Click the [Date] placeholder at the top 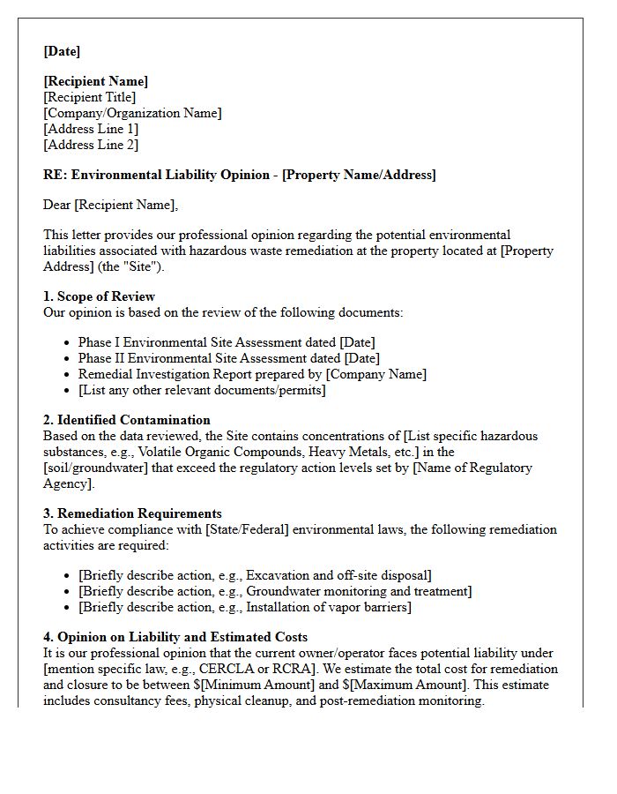(62, 51)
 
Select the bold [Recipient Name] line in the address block (96, 81)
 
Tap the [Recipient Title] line (90, 97)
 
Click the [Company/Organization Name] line (132, 113)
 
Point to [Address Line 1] (91, 129)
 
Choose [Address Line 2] (91, 145)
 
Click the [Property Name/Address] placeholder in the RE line (358, 175)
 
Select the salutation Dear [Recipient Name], (110, 205)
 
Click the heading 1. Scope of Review (99, 296)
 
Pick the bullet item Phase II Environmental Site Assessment (228, 358)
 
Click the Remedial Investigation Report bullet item (251, 374)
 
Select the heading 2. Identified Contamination (127, 420)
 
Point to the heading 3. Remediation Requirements (132, 513)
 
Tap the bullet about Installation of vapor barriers (244, 607)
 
